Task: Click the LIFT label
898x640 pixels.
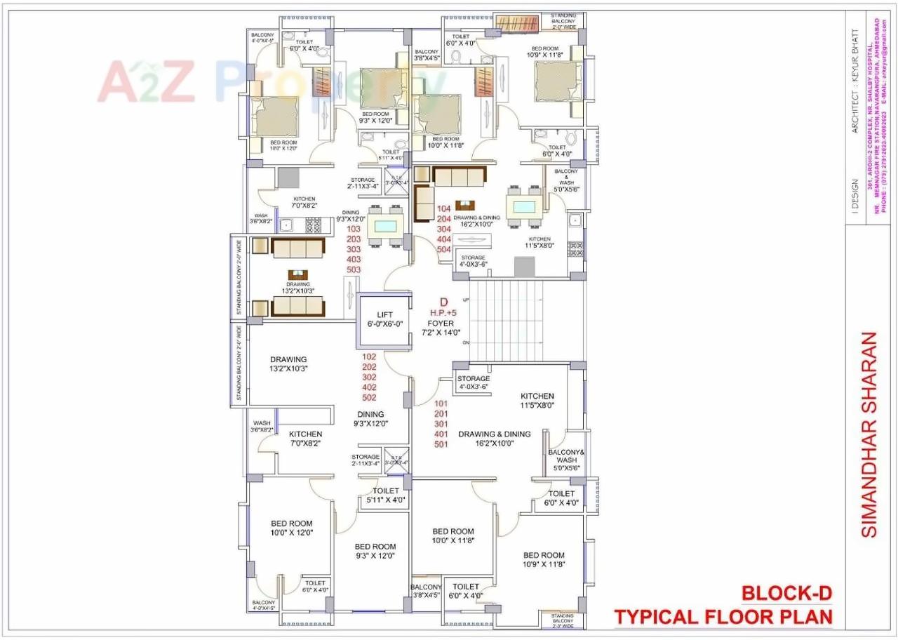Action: [384, 315]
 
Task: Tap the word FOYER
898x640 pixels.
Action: [441, 324]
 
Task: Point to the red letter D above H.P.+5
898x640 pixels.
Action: [443, 302]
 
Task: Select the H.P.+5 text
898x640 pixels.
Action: [443, 313]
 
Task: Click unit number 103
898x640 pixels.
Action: [354, 229]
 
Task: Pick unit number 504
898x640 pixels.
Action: [443, 249]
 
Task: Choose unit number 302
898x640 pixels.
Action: [369, 377]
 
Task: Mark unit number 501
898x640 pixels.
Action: [441, 444]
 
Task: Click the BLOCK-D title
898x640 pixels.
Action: [787, 594]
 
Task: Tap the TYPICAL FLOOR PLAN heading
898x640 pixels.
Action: [723, 617]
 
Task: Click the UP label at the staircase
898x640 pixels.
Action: [465, 300]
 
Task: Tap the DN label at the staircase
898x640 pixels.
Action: [465, 343]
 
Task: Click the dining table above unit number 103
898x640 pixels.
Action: [384, 226]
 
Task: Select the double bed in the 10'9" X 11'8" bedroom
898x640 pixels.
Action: [557, 84]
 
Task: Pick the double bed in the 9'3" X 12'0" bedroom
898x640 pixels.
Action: [382, 88]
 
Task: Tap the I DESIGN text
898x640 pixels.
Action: [854, 199]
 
